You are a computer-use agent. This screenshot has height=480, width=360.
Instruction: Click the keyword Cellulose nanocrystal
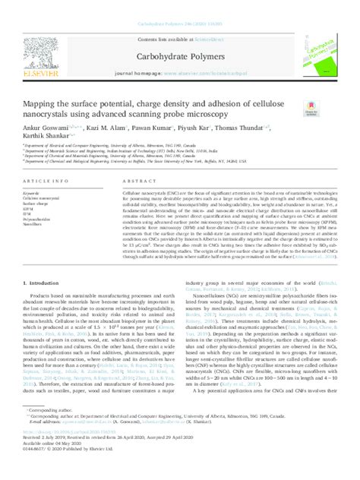[x=44, y=199]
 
